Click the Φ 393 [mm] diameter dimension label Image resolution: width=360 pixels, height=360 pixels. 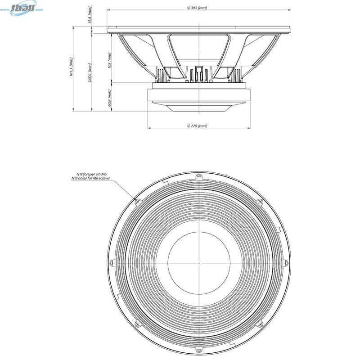click(x=198, y=8)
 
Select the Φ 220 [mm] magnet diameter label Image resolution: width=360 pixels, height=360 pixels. click(x=198, y=126)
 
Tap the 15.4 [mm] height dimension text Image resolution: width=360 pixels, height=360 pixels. click(x=90, y=17)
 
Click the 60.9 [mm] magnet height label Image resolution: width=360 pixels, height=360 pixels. click(x=109, y=98)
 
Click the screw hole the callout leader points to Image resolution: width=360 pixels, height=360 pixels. click(x=138, y=201)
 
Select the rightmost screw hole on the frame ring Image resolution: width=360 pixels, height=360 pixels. click(x=285, y=262)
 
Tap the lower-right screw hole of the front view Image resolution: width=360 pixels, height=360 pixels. click(x=260, y=323)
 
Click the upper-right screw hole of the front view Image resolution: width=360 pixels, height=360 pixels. click(x=260, y=201)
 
